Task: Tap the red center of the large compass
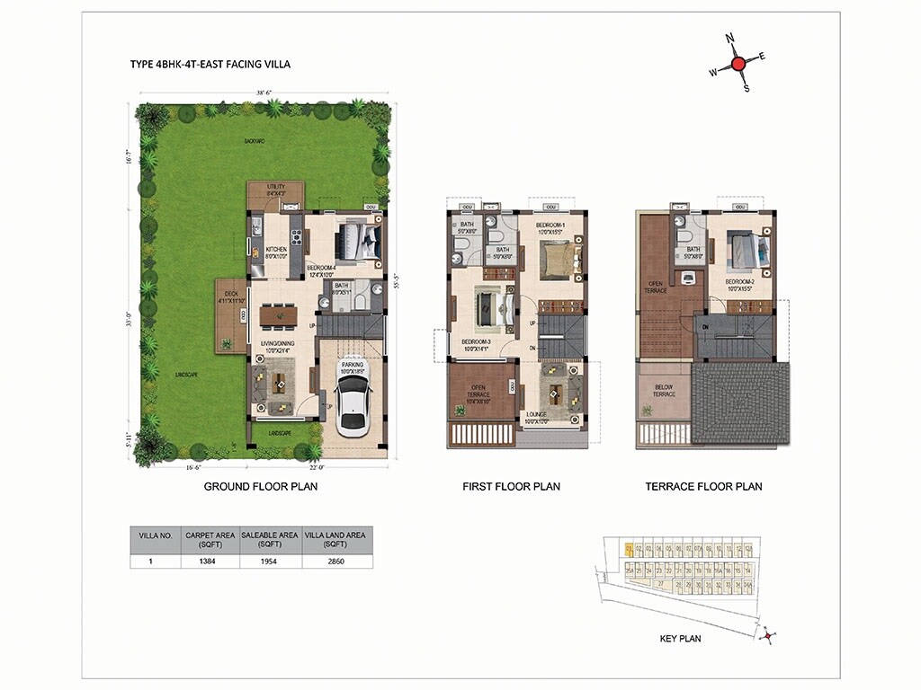pyautogui.click(x=738, y=64)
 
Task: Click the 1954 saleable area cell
pyautogui.click(x=269, y=561)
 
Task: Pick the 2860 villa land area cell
pyautogui.click(x=336, y=561)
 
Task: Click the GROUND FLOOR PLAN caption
pyautogui.click(x=261, y=486)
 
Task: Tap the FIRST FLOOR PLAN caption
pyautogui.click(x=511, y=486)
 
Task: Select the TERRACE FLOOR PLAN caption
pyautogui.click(x=703, y=486)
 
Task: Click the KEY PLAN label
pyautogui.click(x=680, y=639)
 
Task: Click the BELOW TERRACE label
pyautogui.click(x=663, y=391)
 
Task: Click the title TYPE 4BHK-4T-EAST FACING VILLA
pyautogui.click(x=210, y=65)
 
